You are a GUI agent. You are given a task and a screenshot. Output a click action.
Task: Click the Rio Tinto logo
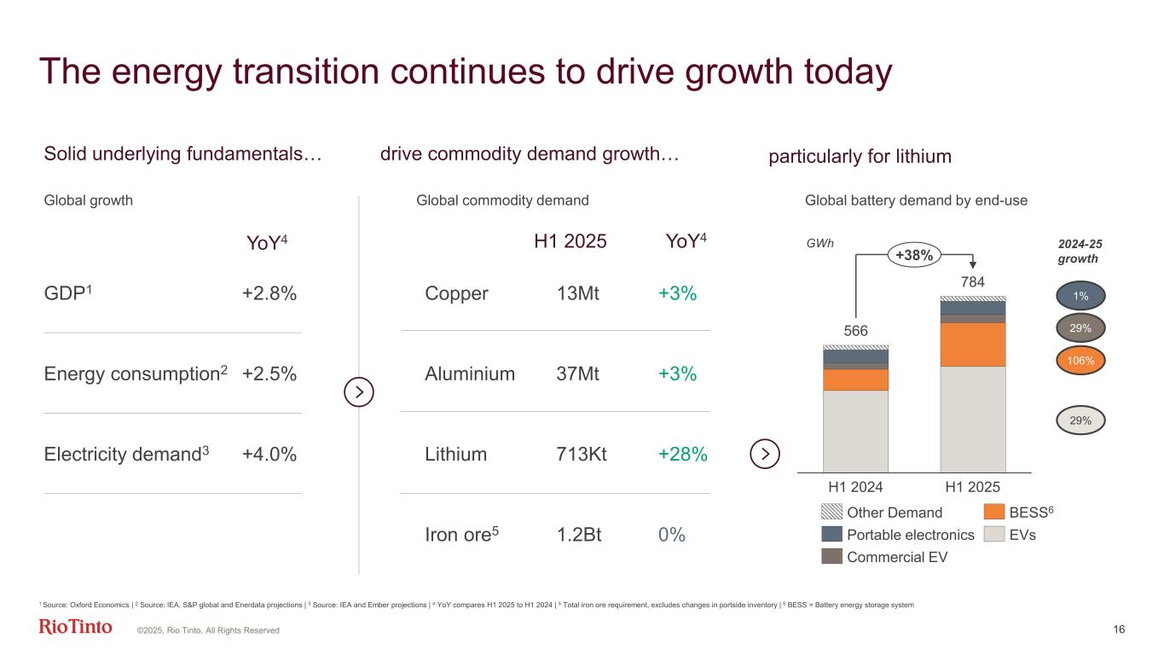click(x=75, y=628)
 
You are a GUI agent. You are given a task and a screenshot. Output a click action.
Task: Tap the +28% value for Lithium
click(x=683, y=454)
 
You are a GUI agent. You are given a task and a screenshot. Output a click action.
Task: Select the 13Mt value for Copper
click(x=577, y=293)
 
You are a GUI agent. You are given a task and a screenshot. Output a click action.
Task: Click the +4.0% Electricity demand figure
click(x=269, y=454)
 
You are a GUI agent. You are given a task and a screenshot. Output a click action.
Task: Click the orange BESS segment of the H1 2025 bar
click(x=973, y=344)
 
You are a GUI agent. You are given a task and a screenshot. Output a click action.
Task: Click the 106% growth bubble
click(x=1081, y=361)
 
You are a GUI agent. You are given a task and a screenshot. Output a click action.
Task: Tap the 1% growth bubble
click(x=1081, y=295)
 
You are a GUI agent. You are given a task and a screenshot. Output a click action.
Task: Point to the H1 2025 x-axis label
click(x=973, y=488)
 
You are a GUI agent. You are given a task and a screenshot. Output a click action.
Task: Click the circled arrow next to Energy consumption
click(x=359, y=392)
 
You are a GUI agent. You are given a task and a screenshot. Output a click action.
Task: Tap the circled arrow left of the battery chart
click(x=765, y=454)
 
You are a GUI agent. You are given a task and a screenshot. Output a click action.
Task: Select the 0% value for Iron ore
click(x=672, y=535)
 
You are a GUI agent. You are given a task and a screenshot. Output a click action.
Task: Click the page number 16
click(x=1119, y=629)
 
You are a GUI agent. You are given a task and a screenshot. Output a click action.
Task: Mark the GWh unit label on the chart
click(x=819, y=242)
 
